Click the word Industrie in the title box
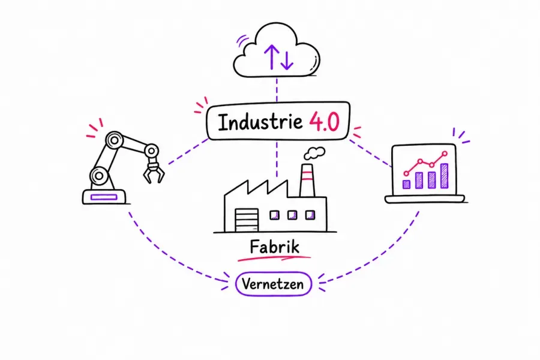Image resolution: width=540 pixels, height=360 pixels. click(260, 122)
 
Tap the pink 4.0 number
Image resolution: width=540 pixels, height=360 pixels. click(325, 122)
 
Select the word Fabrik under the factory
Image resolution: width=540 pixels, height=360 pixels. click(274, 247)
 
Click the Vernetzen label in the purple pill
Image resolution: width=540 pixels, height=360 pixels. click(273, 284)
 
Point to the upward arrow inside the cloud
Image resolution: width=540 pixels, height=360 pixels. click(272, 57)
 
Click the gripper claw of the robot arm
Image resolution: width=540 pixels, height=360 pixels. click(153, 172)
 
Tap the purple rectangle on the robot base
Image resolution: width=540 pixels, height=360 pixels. click(104, 197)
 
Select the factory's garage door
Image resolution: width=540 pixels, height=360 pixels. click(247, 220)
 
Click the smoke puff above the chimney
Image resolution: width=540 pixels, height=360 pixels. click(315, 153)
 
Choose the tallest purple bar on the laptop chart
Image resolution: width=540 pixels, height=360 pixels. click(445, 176)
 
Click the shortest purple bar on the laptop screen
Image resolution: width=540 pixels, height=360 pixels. click(406, 184)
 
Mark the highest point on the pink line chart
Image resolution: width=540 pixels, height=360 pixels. click(445, 154)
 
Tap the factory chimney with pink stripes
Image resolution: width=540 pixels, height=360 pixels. click(307, 180)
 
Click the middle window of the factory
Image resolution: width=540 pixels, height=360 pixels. click(292, 215)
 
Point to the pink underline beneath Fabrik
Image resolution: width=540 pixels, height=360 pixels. click(274, 257)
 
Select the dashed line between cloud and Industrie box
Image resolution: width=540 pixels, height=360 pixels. click(277, 89)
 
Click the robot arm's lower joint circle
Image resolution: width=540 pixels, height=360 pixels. click(99, 176)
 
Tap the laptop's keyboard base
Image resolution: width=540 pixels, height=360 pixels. click(425, 199)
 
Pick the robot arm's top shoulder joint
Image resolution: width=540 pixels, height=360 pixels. click(115, 140)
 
